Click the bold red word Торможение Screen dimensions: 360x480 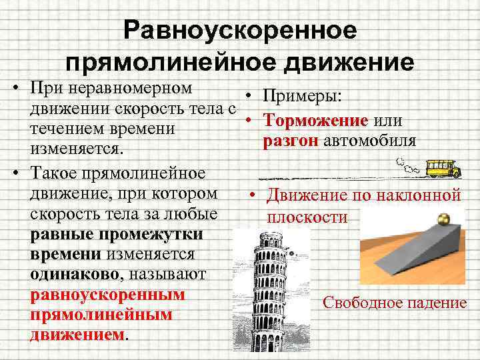tap(316, 121)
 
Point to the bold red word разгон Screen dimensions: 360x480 tap(291, 141)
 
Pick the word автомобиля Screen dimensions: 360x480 tap(370, 141)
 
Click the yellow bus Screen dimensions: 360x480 tap(443, 167)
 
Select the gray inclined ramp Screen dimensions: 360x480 tap(413, 253)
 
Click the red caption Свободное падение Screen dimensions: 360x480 tap(395, 303)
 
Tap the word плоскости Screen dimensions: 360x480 tap(307, 217)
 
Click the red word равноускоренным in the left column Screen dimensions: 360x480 tap(107, 294)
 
